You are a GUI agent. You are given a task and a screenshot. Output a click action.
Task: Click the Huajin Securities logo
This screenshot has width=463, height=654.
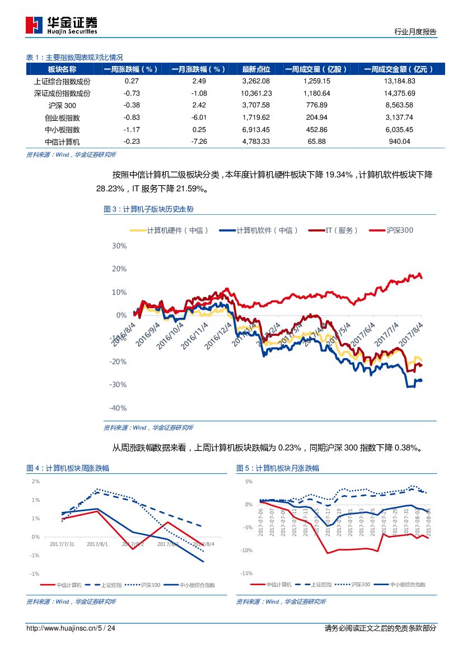[x=62, y=25]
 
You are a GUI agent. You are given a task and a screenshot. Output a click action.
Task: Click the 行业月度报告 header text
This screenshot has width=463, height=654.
[x=415, y=32]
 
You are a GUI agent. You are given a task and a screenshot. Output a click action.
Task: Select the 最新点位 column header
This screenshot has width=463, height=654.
[x=256, y=69]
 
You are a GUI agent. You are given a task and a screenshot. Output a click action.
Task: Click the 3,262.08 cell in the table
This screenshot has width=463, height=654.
[x=256, y=81]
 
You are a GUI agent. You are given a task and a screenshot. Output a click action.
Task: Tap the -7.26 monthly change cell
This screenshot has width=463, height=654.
[x=199, y=142]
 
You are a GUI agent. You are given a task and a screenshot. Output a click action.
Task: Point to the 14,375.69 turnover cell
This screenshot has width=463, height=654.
[x=400, y=93]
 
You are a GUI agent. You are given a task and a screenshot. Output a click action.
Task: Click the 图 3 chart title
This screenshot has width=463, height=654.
[x=148, y=209]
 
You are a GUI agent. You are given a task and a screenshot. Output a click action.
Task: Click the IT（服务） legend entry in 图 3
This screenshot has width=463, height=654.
[x=342, y=230]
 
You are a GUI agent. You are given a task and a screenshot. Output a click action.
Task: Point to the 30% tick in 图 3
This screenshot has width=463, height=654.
[x=119, y=246]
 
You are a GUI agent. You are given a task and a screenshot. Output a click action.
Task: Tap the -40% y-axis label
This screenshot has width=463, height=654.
[x=118, y=408]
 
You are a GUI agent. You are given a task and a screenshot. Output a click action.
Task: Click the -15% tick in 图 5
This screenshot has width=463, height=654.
[x=247, y=573]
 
